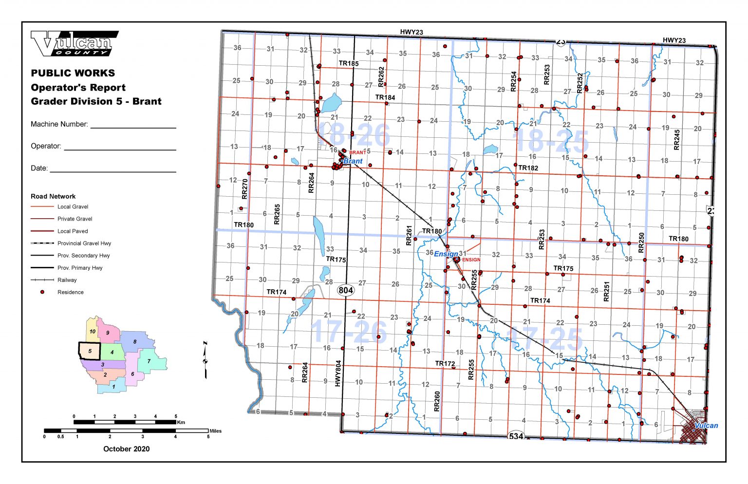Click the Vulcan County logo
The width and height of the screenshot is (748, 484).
click(x=74, y=43)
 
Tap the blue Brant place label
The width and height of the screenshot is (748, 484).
click(x=353, y=161)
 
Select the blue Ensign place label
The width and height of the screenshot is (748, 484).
click(x=446, y=254)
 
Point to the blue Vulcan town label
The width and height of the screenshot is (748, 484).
click(x=706, y=426)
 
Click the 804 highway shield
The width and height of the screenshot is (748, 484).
click(x=346, y=290)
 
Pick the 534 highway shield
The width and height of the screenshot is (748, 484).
click(x=516, y=436)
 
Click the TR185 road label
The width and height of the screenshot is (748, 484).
click(x=349, y=63)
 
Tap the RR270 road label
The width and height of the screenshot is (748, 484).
click(x=244, y=189)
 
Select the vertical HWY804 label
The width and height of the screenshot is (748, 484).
click(x=338, y=373)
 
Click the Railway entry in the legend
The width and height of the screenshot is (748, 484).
click(x=67, y=280)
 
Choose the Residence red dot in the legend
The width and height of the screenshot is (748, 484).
click(x=42, y=292)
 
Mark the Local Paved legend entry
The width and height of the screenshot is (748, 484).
click(x=73, y=231)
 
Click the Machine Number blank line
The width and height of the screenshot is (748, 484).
click(x=133, y=128)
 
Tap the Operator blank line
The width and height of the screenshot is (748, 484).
click(x=120, y=149)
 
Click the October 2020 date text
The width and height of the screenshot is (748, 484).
click(x=126, y=449)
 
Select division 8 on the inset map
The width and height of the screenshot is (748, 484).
click(x=135, y=341)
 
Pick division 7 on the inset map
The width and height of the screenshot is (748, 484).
click(x=149, y=361)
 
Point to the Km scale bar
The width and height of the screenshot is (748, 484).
click(x=125, y=422)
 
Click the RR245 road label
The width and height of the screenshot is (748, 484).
click(x=676, y=140)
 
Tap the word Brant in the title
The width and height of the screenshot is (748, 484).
click(x=147, y=101)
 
